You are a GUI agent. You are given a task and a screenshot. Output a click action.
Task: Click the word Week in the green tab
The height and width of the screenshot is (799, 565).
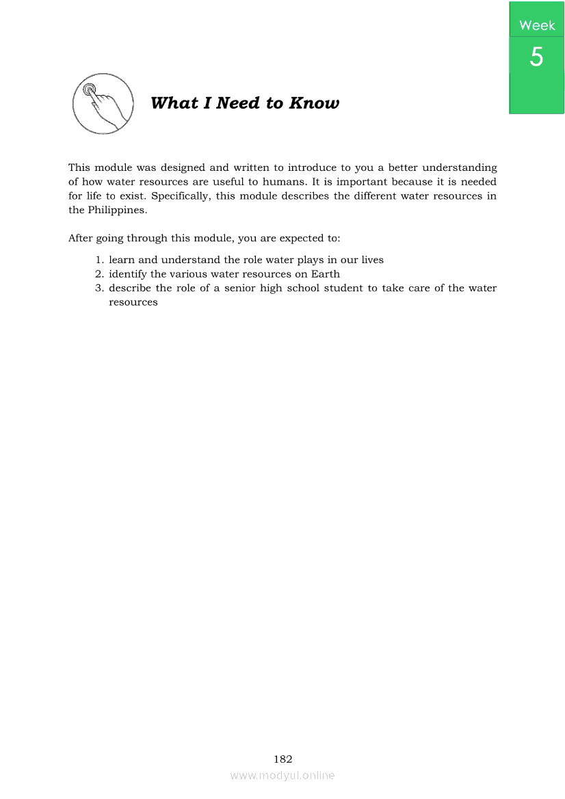(537, 25)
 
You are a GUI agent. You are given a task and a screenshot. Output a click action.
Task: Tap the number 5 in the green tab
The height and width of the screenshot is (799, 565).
(537, 57)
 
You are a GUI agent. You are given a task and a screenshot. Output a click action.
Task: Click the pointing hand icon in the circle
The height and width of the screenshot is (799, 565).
(103, 104)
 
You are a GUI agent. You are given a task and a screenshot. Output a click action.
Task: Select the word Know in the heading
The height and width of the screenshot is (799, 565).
(314, 103)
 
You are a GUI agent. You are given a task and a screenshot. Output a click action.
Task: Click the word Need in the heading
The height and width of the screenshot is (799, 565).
(238, 103)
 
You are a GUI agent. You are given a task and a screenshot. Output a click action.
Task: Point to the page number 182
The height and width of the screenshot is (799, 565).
(283, 759)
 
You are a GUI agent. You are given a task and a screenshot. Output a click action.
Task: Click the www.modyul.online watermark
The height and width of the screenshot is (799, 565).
(282, 775)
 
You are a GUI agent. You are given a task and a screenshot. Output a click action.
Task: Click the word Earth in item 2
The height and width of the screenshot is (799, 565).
(326, 274)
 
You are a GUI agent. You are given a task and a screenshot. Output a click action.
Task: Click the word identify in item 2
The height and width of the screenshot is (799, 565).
(128, 274)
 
